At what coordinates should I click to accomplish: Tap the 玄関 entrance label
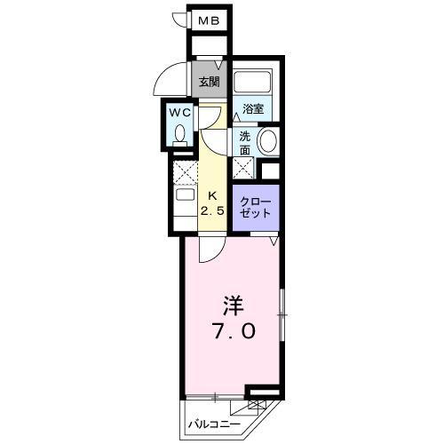tap(208, 82)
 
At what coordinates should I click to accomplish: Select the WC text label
tap(181, 113)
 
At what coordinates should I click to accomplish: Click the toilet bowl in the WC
tap(182, 134)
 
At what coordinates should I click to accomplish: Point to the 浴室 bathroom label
tap(253, 109)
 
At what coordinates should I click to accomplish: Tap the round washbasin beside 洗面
tap(267, 139)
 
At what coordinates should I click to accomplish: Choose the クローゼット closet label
tap(256, 208)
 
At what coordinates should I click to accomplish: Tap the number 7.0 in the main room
tap(234, 332)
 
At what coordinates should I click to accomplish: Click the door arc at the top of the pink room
tap(207, 250)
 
